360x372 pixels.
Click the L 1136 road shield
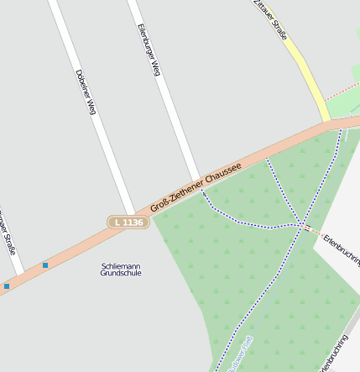(x=128, y=223)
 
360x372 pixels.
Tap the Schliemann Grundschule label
(x=121, y=270)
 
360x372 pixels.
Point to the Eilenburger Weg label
(x=148, y=51)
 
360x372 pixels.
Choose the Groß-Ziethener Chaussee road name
(x=196, y=187)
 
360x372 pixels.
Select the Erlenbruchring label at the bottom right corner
(x=333, y=353)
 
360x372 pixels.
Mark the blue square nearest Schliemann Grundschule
(x=45, y=265)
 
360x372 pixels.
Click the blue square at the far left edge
(x=7, y=286)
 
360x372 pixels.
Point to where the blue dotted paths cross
(x=300, y=225)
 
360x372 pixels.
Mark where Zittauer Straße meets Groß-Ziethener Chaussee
(x=329, y=123)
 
